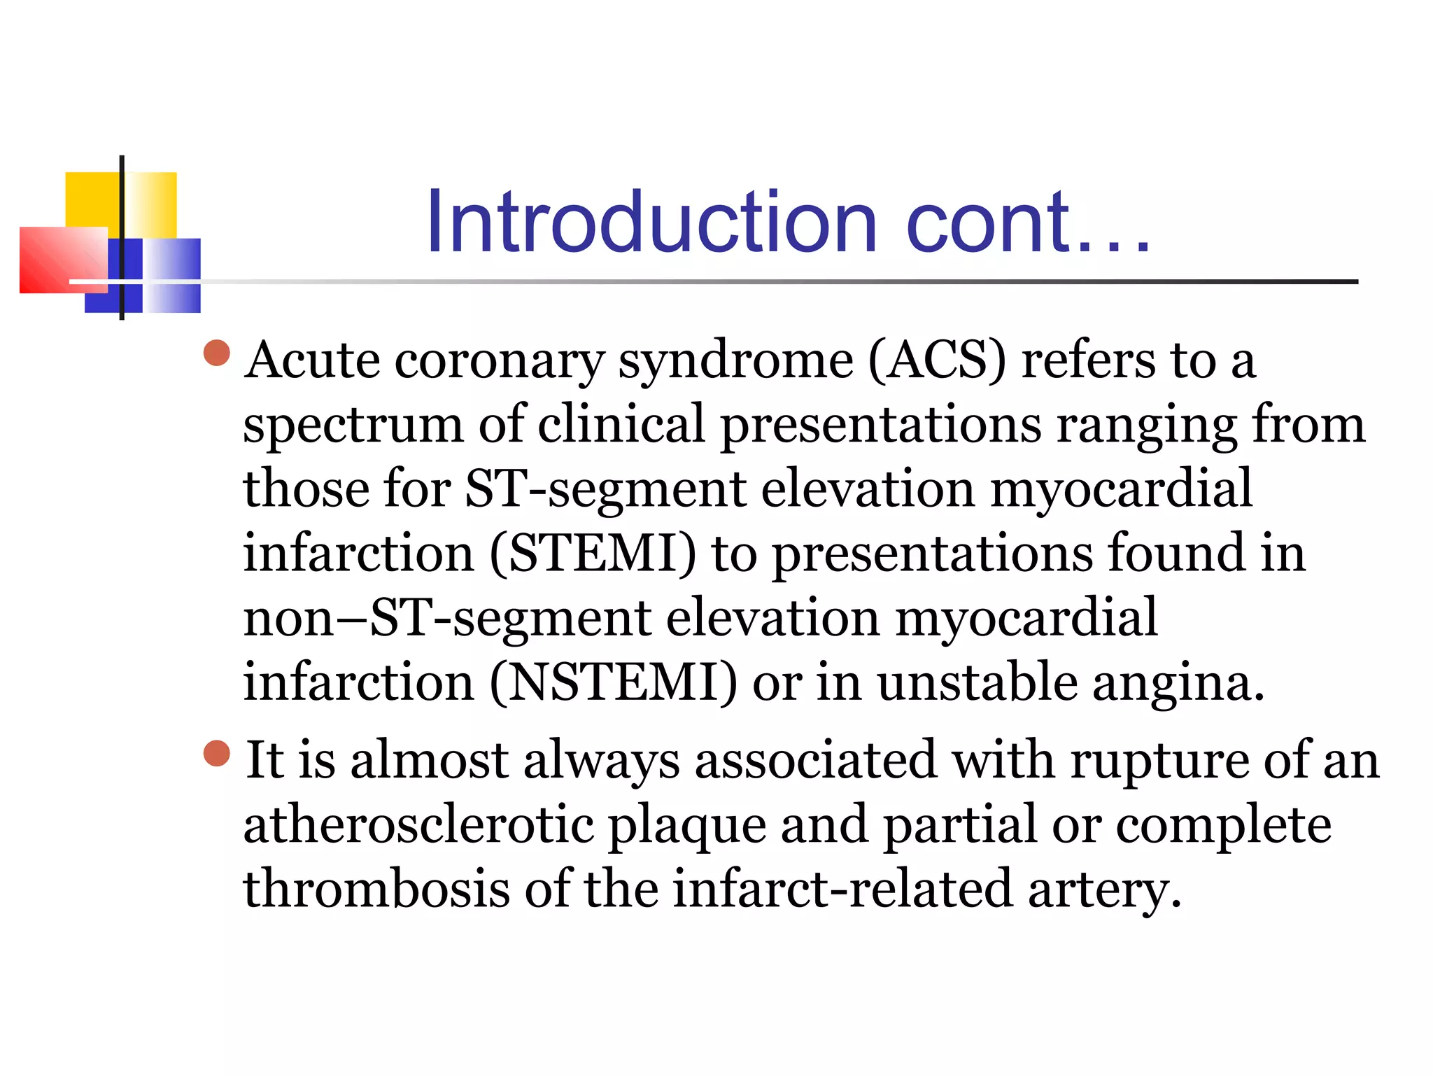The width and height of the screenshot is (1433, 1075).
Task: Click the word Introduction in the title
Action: (651, 223)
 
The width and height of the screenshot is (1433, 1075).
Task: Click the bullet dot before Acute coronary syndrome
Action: (217, 353)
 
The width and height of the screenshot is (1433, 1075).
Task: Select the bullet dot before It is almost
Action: (217, 754)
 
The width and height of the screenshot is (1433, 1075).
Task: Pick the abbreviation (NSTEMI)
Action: (613, 683)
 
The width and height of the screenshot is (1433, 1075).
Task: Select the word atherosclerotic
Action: (418, 826)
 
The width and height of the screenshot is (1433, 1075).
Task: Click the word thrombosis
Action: (376, 890)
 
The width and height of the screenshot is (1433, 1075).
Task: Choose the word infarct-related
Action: (843, 890)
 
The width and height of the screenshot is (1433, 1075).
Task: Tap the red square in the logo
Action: (59, 259)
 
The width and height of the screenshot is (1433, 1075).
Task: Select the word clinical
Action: (621, 425)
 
